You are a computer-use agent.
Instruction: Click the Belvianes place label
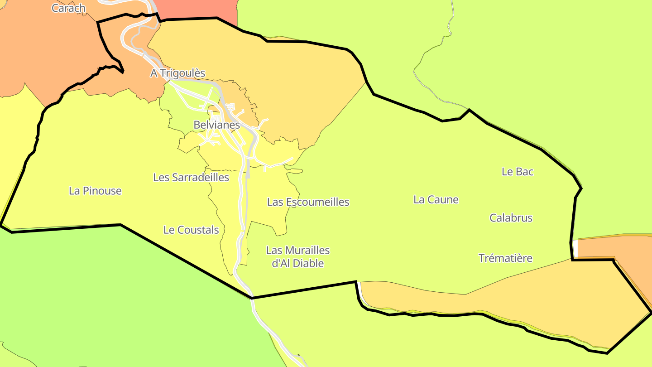coord(216,125)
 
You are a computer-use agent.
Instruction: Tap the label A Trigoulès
coord(177,73)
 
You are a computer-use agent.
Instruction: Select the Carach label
coord(68,8)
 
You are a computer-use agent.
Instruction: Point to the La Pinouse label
coord(95,191)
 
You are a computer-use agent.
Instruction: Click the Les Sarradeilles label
coord(191,177)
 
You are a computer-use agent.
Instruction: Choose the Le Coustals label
coord(191,230)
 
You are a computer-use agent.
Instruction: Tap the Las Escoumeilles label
coord(308,202)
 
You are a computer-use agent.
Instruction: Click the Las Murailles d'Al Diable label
coord(298,256)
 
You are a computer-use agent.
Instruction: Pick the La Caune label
coord(436,199)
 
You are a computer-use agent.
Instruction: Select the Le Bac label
coord(518,171)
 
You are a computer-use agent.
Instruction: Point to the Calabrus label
coord(511,217)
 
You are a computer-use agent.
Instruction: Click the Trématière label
coord(505,258)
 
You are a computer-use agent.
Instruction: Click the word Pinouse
coord(102,191)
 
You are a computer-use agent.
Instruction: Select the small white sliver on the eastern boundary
coord(575,249)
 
